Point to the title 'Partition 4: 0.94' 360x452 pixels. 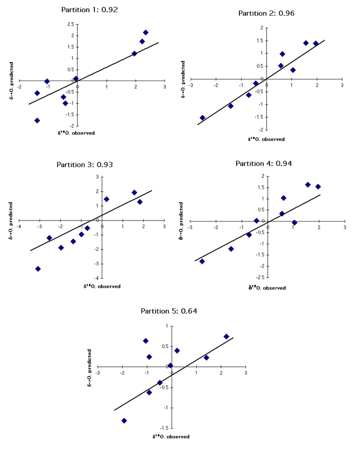[263, 163]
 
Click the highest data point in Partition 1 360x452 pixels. [146, 32]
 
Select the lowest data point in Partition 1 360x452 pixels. [37, 120]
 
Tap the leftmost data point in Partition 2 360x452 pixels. [202, 118]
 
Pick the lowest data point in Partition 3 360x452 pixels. [38, 269]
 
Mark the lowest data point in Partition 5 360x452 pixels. [124, 421]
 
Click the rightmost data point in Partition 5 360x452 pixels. [226, 337]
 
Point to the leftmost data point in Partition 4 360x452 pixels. [202, 261]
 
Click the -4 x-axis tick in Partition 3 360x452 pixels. [19, 227]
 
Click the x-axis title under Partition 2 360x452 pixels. [266, 139]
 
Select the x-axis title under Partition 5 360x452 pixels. [171, 436]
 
